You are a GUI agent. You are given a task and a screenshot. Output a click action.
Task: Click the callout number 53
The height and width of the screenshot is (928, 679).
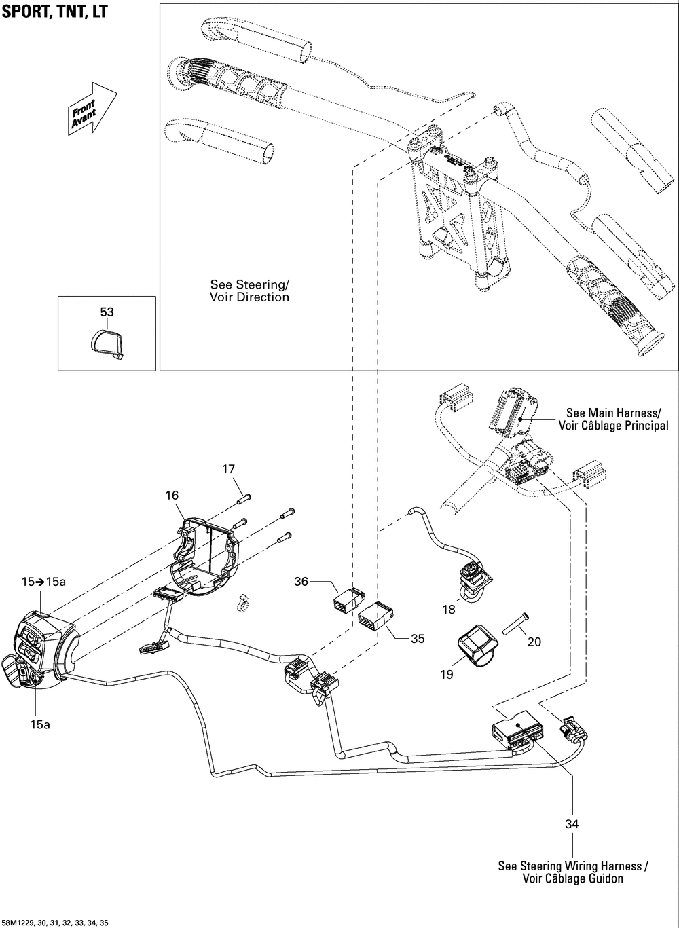pos(107,312)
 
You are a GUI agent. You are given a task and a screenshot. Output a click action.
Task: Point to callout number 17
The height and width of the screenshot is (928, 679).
pos(229,468)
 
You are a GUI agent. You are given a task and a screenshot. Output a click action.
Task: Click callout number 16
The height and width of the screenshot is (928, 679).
pos(172,496)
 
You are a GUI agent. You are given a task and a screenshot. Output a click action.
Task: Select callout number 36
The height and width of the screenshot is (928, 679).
pos(301,581)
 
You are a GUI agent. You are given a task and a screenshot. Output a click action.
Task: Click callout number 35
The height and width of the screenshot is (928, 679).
pos(418,638)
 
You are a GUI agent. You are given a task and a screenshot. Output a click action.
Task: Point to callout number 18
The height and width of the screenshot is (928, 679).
pos(449,610)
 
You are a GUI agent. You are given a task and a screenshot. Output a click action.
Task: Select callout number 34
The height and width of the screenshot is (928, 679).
pos(572,824)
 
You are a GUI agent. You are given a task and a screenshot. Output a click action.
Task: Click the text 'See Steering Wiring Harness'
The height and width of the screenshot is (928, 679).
pos(572,866)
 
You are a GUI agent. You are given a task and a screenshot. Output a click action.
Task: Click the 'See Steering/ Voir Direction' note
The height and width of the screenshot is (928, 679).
pos(249,291)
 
